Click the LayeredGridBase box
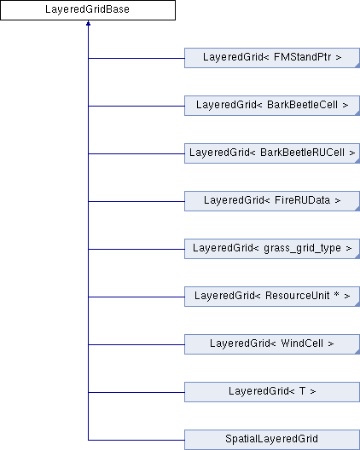(x=88, y=10)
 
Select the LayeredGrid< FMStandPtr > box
(x=272, y=58)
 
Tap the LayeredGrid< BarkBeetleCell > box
(x=272, y=106)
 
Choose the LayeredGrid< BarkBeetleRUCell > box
(x=272, y=153)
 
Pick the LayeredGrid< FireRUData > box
(x=272, y=201)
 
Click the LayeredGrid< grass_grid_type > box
(x=272, y=249)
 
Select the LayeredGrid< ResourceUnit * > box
(x=272, y=297)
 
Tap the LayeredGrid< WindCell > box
(x=272, y=344)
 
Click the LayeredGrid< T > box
(x=272, y=392)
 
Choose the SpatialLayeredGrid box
(x=272, y=440)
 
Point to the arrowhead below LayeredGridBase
(x=88, y=23)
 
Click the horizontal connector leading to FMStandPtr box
(x=136, y=58)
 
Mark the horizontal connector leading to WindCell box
(x=136, y=344)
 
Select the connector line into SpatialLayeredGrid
(x=136, y=440)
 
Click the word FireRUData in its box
(x=302, y=200)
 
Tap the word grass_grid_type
(x=302, y=248)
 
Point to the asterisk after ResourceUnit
(x=336, y=294)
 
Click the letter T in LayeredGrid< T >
(x=302, y=391)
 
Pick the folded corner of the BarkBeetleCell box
(x=357, y=113)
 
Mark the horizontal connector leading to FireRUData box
(x=136, y=201)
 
